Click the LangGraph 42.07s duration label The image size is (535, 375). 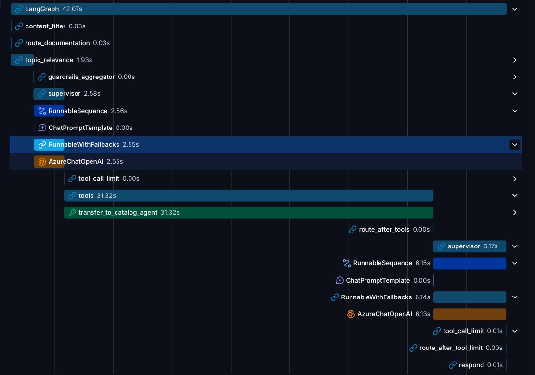pos(72,9)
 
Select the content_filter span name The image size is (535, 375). pos(45,26)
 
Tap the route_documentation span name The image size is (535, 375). pos(57,43)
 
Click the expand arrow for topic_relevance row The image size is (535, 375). pos(514,60)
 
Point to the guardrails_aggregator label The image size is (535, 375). pos(81,77)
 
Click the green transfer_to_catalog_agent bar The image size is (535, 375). pos(248,212)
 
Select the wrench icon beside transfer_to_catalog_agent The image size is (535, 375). pos(72,212)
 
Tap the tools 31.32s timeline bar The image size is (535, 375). pos(248,195)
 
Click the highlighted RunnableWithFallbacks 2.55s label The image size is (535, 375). pos(93,145)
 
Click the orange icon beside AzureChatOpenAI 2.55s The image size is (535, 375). pos(42,161)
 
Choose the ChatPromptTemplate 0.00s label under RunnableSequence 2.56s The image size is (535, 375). pos(91,128)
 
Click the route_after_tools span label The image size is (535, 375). pos(384,229)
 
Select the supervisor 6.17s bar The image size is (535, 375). pos(470,246)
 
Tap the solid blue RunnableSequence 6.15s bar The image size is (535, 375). pos(470,263)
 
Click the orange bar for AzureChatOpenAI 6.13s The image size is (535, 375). pos(470,314)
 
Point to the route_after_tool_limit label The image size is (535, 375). pos(451,348)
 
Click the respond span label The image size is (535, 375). pos(471,365)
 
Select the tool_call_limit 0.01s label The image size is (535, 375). pos(472,331)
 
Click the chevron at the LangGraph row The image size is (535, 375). pos(514,9)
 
